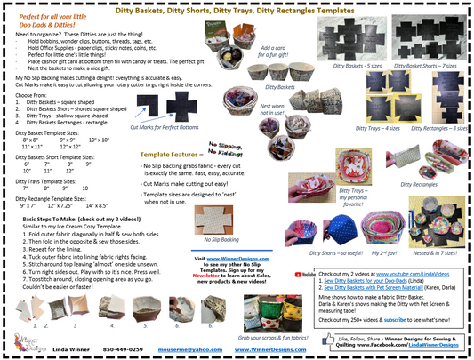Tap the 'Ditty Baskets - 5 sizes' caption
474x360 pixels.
point(340,67)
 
